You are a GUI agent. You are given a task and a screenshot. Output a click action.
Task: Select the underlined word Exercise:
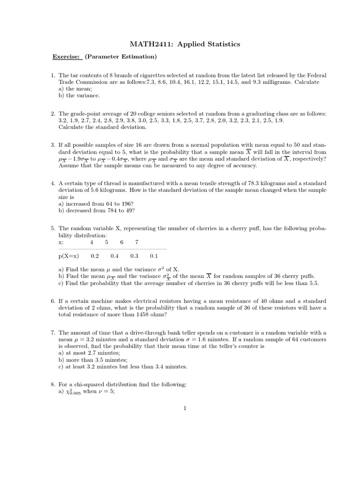click(67, 57)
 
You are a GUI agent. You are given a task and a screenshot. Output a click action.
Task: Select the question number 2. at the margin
click(53, 114)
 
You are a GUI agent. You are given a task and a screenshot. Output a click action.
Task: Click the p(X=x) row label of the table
click(69, 256)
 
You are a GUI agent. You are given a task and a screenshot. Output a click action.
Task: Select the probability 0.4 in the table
click(114, 256)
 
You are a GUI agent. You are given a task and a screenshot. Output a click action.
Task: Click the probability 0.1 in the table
click(154, 256)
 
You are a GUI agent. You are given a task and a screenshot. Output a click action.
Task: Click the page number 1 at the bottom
click(185, 408)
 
